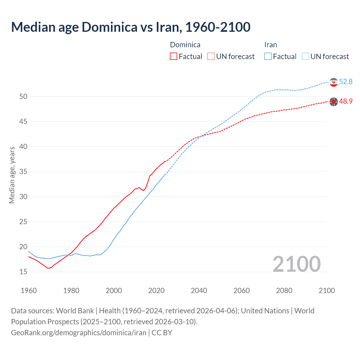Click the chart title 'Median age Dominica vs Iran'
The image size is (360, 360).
click(130, 27)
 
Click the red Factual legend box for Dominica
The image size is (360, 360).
click(174, 57)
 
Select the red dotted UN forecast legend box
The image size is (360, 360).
click(211, 57)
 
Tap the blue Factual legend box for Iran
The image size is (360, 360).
click(268, 57)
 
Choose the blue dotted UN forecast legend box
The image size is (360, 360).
click(305, 57)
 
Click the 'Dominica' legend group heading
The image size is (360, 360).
click(185, 45)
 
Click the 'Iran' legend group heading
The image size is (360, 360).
click(271, 45)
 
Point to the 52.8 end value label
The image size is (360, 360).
click(346, 82)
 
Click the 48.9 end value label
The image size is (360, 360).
click(346, 101)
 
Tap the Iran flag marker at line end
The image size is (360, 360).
click(334, 82)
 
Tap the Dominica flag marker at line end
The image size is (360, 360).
click(334, 102)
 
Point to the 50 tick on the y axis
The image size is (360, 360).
click(23, 96)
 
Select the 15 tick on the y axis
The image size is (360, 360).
click(23, 272)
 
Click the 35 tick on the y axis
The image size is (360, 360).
click(23, 172)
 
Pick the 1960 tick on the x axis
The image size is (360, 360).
click(29, 291)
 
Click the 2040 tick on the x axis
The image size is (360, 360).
click(199, 291)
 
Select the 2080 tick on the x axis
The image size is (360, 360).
click(284, 291)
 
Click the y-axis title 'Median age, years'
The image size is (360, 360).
click(12, 175)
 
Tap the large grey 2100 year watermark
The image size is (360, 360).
click(296, 264)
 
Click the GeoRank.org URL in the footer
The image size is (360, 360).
click(78, 333)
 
